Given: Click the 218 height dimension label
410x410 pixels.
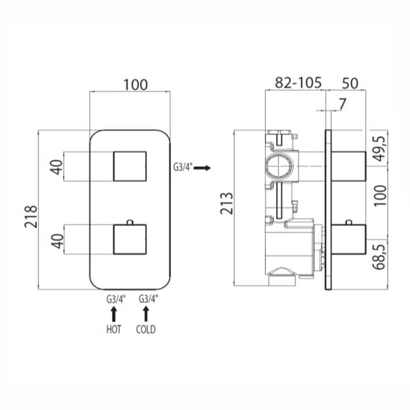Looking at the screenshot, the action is tap(32, 217).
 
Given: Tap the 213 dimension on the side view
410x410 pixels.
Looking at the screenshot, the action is tap(227, 203).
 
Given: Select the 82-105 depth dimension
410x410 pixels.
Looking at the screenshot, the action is tap(298, 83).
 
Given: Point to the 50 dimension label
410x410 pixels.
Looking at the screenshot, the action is tap(350, 83).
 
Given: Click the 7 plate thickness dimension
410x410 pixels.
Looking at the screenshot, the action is tap(342, 104).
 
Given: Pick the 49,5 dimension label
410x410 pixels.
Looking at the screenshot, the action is tap(380, 149).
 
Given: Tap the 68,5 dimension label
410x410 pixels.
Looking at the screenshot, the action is tap(380, 257).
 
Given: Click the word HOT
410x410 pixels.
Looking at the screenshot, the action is tap(114, 329).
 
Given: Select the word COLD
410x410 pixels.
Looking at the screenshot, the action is tap(146, 329).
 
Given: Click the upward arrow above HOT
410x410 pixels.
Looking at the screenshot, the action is tap(114, 314).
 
